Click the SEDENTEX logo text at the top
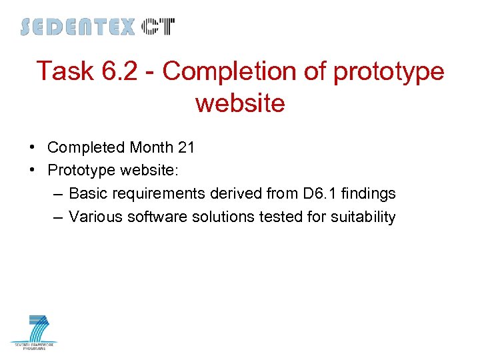[x=78, y=27]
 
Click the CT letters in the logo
[x=158, y=27]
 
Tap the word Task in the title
[x=65, y=71]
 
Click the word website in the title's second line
[x=240, y=103]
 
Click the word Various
[x=94, y=217]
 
